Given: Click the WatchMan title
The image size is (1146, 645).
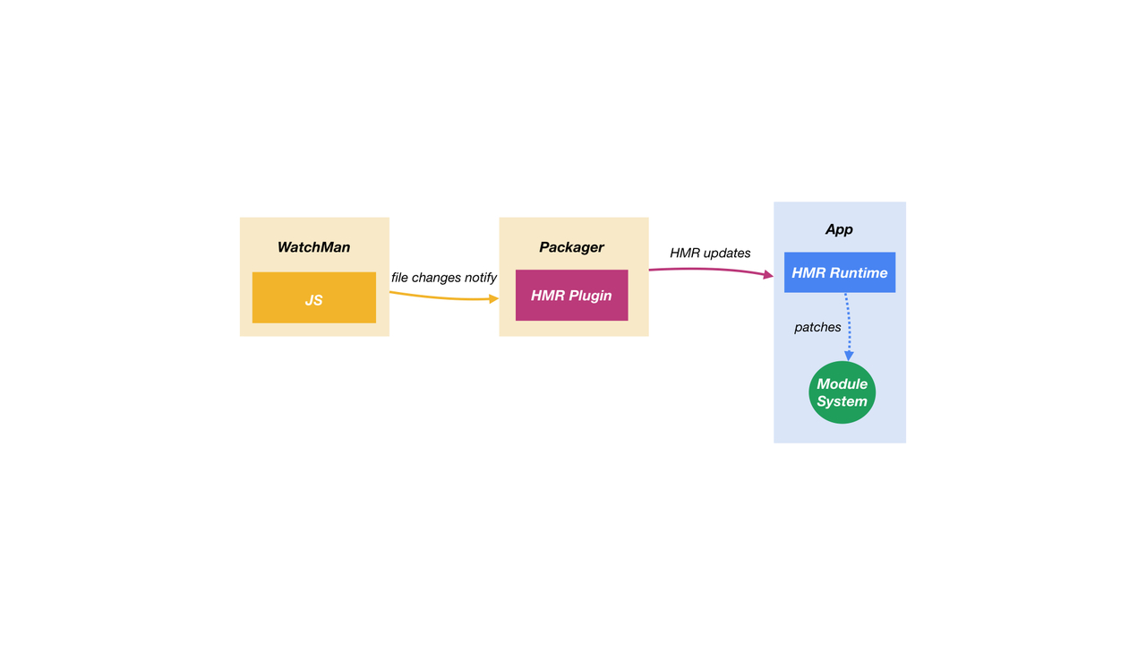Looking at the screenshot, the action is (x=313, y=247).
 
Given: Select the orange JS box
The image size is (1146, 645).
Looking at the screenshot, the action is (x=314, y=297).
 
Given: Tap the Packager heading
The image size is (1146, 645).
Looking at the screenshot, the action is (x=571, y=248).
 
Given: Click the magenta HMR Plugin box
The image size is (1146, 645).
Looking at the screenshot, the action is (x=571, y=296).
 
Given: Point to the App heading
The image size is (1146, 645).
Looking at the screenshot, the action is (x=839, y=230).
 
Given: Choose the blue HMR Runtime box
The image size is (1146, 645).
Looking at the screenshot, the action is (x=840, y=272).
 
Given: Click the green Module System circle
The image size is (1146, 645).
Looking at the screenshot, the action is (x=842, y=392).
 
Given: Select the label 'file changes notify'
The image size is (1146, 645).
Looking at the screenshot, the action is (x=443, y=278).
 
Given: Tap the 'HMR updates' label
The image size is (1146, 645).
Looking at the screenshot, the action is (x=710, y=254).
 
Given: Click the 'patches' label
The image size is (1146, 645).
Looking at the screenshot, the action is (x=817, y=328).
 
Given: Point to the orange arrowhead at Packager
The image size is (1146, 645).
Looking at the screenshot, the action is (x=493, y=299).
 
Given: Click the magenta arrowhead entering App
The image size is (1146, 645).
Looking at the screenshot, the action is (x=768, y=275).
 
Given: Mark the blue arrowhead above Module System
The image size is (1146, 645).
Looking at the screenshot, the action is (x=849, y=356).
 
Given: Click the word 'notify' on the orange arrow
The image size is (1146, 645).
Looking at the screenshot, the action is (x=481, y=278).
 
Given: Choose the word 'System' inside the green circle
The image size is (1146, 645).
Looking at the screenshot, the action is (x=842, y=401).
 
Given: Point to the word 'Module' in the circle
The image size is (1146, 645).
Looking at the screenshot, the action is (x=842, y=384).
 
